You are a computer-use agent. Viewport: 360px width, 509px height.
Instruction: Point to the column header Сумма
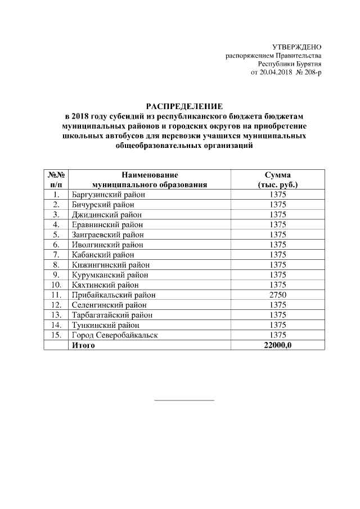[x=277, y=175]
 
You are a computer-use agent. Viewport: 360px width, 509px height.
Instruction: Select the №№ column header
[x=56, y=175]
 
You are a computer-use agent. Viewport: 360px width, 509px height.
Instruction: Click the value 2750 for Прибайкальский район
[x=278, y=295]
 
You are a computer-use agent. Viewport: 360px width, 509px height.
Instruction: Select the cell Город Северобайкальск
[x=115, y=335]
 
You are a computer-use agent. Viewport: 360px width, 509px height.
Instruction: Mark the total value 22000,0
[x=278, y=345]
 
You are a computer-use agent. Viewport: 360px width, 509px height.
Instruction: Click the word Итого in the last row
[x=83, y=345]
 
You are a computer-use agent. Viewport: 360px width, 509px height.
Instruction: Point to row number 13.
[x=56, y=315]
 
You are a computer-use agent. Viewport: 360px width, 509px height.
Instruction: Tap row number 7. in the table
[x=56, y=255]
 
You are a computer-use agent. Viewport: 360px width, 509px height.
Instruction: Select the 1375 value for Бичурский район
[x=278, y=205]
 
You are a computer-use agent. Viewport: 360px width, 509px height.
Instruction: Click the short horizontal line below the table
[x=184, y=400]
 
